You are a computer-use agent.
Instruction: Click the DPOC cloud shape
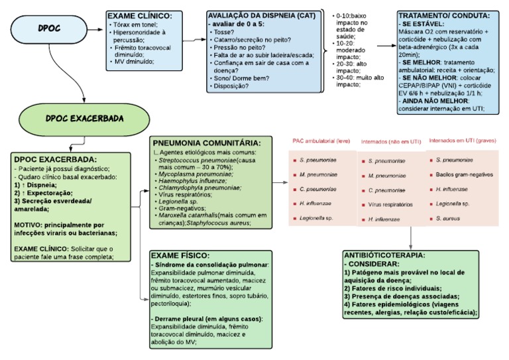(x=47, y=29)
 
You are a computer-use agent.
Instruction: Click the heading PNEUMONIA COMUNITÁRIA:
(x=206, y=143)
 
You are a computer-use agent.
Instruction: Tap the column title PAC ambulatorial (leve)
(x=323, y=141)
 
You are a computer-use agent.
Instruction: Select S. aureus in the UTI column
(x=449, y=217)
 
